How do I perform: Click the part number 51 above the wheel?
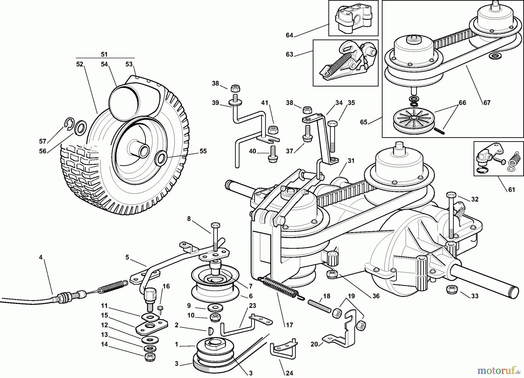(x=104, y=54)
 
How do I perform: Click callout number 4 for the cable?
(x=41, y=257)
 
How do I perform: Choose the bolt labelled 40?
(x=273, y=154)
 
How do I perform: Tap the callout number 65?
(x=364, y=122)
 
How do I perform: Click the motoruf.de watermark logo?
(x=498, y=370)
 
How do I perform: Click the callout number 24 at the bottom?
(x=289, y=373)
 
